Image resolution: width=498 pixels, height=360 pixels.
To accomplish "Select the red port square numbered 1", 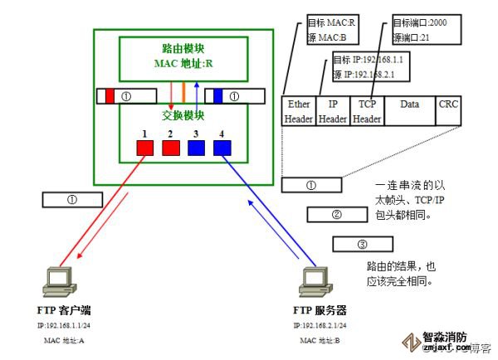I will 145,148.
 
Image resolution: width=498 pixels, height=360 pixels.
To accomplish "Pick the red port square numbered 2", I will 171,148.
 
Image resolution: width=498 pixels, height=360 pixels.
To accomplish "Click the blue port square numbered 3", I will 197,148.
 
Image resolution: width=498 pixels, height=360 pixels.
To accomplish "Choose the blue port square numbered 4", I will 222,148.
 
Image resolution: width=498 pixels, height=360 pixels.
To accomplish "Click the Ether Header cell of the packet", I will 298,111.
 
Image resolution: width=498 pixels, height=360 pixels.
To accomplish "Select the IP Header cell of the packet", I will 333,111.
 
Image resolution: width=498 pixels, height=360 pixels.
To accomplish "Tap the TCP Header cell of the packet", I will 366,111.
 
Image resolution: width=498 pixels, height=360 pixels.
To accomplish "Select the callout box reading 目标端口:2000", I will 420,29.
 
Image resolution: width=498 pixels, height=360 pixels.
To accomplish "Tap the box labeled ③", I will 361,245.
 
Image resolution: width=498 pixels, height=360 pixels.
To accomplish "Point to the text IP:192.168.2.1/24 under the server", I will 320,326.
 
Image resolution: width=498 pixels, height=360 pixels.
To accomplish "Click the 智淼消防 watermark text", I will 445,338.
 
